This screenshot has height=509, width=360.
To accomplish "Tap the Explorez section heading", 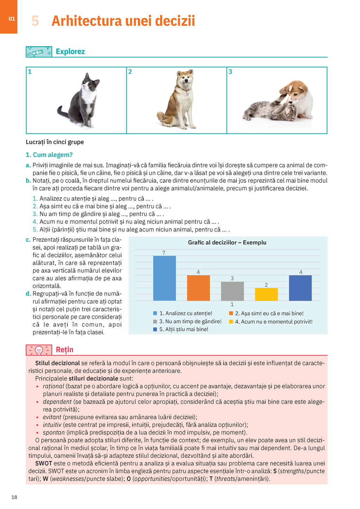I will coord(70,52).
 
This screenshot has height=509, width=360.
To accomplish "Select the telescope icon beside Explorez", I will coord(39,52).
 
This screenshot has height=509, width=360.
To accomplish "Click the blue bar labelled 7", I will coord(165,278).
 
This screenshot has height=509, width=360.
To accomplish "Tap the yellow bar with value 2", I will coord(266,294).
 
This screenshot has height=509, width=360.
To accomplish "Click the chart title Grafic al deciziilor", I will coord(227,243).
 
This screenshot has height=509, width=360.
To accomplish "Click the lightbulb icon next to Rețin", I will coord(39,350).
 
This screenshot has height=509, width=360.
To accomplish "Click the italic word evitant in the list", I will coord(52,417).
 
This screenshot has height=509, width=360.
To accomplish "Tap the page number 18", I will coord(14,497).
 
